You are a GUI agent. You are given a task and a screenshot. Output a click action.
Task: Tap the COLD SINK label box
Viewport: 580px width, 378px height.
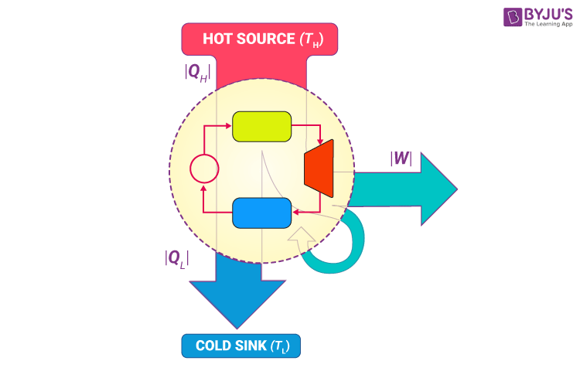click(241, 346)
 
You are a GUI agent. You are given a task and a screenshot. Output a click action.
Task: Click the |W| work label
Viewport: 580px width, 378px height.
click(400, 160)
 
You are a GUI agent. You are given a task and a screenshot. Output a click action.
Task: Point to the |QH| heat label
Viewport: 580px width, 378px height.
click(196, 72)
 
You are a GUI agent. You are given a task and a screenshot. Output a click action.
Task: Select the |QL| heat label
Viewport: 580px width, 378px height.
click(176, 257)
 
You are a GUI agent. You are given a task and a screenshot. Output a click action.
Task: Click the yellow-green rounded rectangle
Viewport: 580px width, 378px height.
click(261, 126)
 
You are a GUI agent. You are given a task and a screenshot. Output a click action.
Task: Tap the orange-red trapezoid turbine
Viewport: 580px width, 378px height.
click(319, 168)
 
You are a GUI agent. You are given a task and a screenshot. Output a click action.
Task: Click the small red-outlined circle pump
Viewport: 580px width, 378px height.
click(203, 169)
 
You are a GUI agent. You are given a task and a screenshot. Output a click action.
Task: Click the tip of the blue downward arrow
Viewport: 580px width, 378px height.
click(236, 325)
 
